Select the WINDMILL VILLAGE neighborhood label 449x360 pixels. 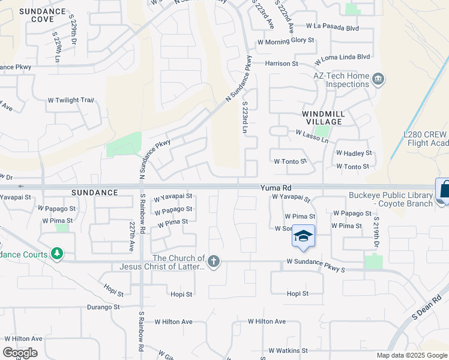(x=321, y=117)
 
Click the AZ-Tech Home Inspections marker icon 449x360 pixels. (x=379, y=78)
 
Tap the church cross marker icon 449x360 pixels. (x=214, y=260)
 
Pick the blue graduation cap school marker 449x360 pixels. (x=303, y=235)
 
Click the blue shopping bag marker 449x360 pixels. (x=445, y=190)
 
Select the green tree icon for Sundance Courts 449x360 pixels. (x=57, y=254)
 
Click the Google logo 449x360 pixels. (x=20, y=352)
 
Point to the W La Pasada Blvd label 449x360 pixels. (x=332, y=27)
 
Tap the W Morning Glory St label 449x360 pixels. (x=286, y=41)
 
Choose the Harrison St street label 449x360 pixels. (x=282, y=63)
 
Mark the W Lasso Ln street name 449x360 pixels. (x=312, y=136)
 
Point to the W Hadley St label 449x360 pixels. (x=354, y=154)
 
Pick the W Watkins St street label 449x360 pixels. (x=288, y=350)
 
